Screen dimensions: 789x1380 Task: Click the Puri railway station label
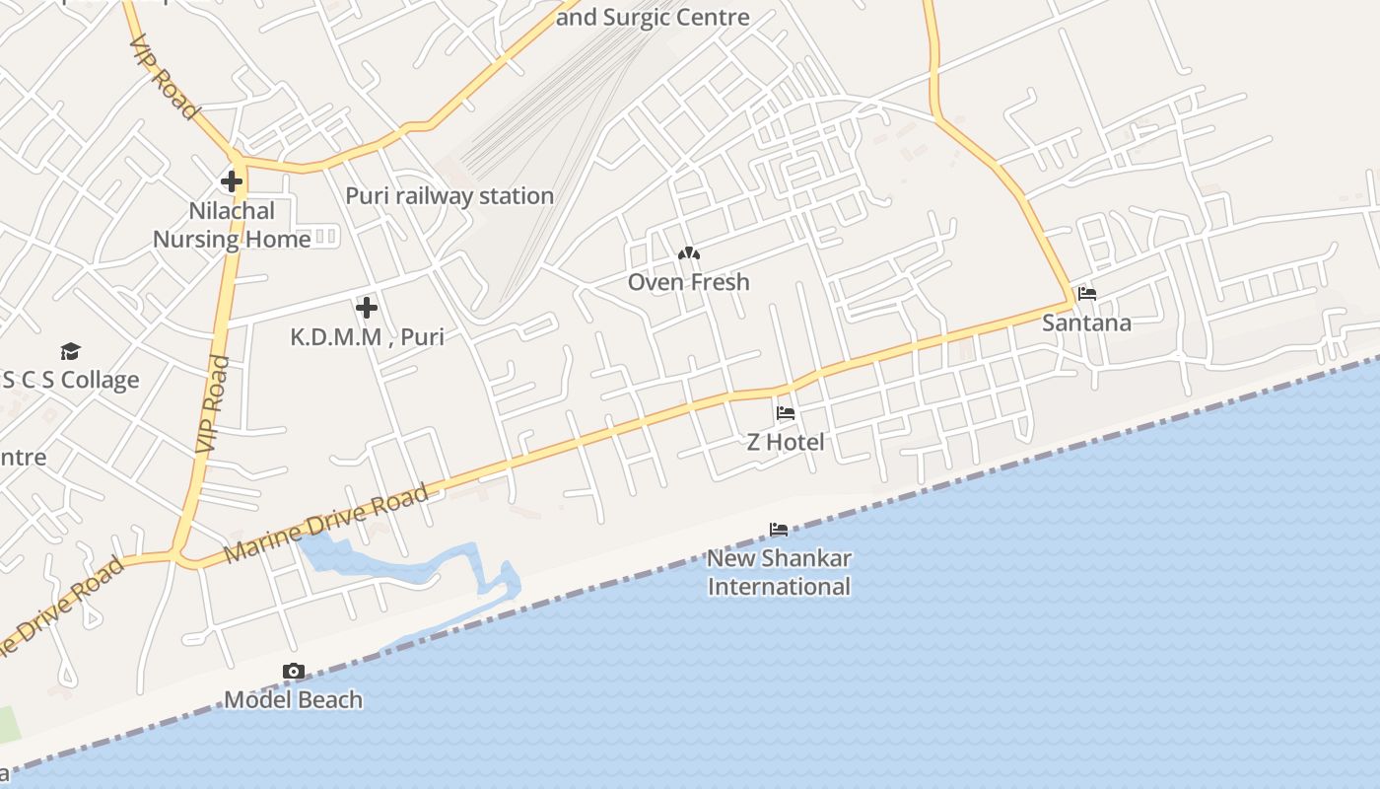[x=449, y=196]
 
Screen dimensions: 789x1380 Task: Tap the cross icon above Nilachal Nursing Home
[x=232, y=181]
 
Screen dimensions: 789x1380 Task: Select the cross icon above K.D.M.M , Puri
[x=367, y=308]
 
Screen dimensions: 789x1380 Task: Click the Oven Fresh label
[x=689, y=282]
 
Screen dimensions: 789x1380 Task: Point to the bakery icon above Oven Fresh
[x=689, y=254]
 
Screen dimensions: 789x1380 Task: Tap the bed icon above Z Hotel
[x=786, y=413]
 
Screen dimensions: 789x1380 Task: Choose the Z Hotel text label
[x=786, y=442]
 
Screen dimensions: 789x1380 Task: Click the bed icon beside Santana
[x=1087, y=294]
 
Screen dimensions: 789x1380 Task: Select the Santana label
[x=1087, y=323]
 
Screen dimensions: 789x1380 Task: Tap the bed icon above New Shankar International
[x=779, y=530]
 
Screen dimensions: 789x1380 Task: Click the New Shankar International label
[x=779, y=572]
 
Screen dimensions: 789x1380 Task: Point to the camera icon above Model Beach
[x=293, y=672]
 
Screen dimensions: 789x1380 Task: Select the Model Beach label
[x=293, y=700]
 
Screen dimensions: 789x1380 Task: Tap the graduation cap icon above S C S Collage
[x=70, y=352]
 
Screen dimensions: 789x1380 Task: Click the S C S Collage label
[x=71, y=381]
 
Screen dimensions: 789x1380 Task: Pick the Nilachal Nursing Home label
[x=232, y=225]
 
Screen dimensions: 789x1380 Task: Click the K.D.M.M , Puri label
[x=367, y=337]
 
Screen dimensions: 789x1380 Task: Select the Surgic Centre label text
[x=653, y=17]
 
